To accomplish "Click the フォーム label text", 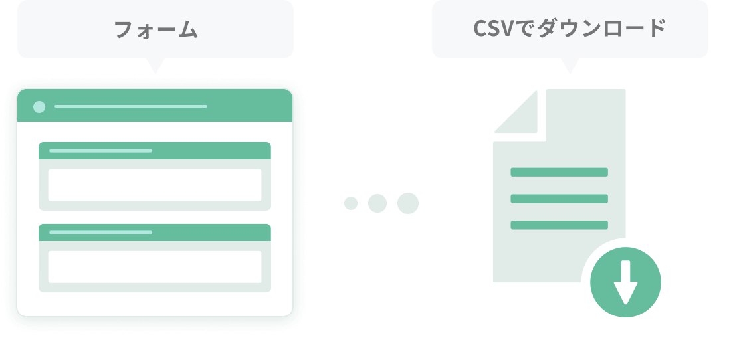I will click(156, 29).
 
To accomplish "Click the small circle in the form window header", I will click(39, 106).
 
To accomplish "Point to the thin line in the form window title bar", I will click(131, 106).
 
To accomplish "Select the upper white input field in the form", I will click(155, 185).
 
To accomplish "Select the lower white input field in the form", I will click(155, 266).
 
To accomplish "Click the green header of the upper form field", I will click(155, 151).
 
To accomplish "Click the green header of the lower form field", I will click(155, 232).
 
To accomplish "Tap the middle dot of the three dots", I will click(377, 203).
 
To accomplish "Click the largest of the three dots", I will click(407, 203).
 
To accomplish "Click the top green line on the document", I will click(559, 172).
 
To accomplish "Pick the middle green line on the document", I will click(559, 199).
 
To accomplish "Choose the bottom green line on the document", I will click(559, 225).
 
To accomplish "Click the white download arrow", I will click(625, 282).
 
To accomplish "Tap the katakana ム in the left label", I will click(187, 30).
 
